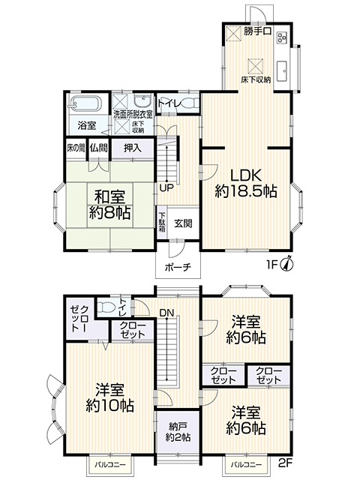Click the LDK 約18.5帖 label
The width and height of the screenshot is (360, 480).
[246, 181]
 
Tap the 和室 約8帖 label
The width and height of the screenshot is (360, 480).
[109, 204]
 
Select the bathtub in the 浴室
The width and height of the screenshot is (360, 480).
[87, 104]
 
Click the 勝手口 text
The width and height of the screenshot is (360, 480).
[257, 33]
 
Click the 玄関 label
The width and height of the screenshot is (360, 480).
[184, 223]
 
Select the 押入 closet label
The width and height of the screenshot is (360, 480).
[133, 148]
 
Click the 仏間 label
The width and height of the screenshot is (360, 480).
[98, 148]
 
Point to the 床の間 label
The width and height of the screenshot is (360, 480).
[76, 148]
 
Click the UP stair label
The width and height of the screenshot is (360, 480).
[166, 187]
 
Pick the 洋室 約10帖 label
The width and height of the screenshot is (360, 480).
[109, 397]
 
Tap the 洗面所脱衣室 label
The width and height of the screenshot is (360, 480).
[133, 114]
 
